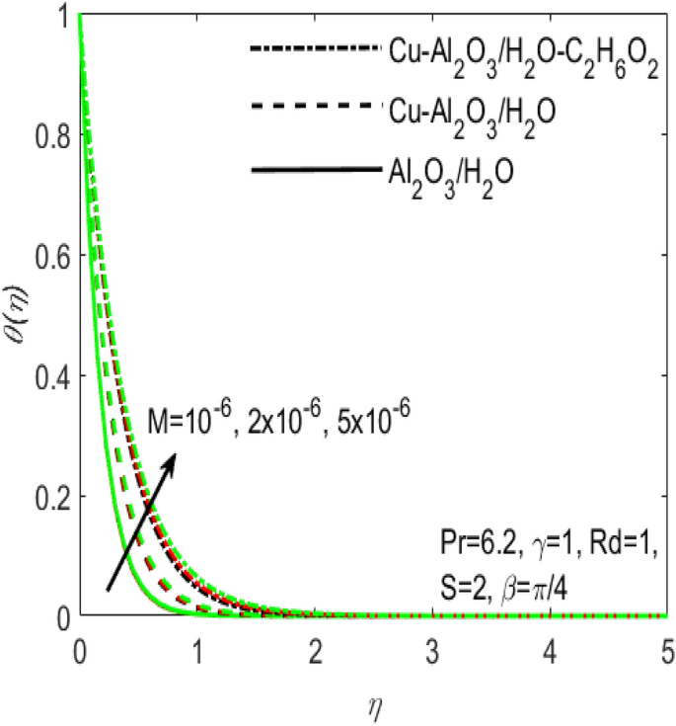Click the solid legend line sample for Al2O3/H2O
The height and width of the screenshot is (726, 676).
pyautogui.click(x=316, y=171)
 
